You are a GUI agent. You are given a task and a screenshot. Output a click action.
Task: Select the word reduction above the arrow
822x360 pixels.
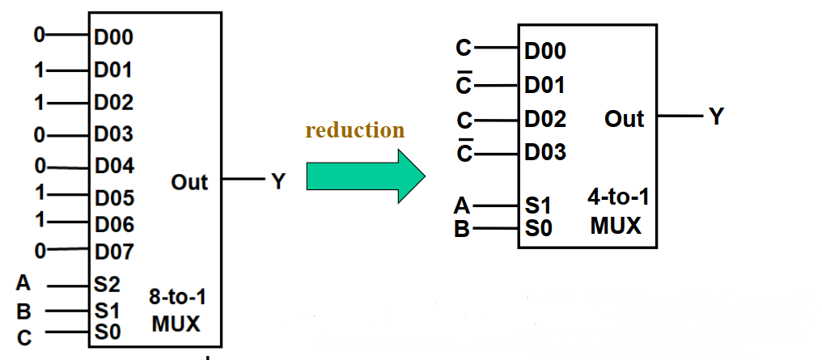point(354,129)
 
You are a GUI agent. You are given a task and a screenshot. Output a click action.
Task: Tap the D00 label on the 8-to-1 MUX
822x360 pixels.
point(114,36)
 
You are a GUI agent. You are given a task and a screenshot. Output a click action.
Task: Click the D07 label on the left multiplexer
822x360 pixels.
point(114,251)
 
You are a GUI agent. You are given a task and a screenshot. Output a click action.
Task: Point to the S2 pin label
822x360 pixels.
point(107,285)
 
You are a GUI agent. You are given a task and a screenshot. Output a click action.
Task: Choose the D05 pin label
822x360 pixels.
point(114,197)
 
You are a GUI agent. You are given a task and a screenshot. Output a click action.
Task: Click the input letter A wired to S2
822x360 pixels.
point(23,283)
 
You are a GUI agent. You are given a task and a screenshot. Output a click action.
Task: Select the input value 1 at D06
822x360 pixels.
point(40,220)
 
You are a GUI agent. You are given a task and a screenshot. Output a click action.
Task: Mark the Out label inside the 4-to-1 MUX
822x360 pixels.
point(624,119)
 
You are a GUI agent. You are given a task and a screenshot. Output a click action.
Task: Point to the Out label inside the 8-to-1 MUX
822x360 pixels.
point(189,182)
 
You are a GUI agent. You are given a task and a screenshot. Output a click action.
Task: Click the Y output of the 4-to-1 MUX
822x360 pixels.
point(716,117)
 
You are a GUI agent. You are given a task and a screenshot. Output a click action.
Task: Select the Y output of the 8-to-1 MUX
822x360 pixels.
point(278,182)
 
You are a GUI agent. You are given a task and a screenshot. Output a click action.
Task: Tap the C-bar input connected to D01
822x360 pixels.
point(464,84)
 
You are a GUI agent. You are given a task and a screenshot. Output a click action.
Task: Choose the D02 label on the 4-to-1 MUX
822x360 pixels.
point(545,119)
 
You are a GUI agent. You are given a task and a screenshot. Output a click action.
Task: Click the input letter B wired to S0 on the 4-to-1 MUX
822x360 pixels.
point(462,229)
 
